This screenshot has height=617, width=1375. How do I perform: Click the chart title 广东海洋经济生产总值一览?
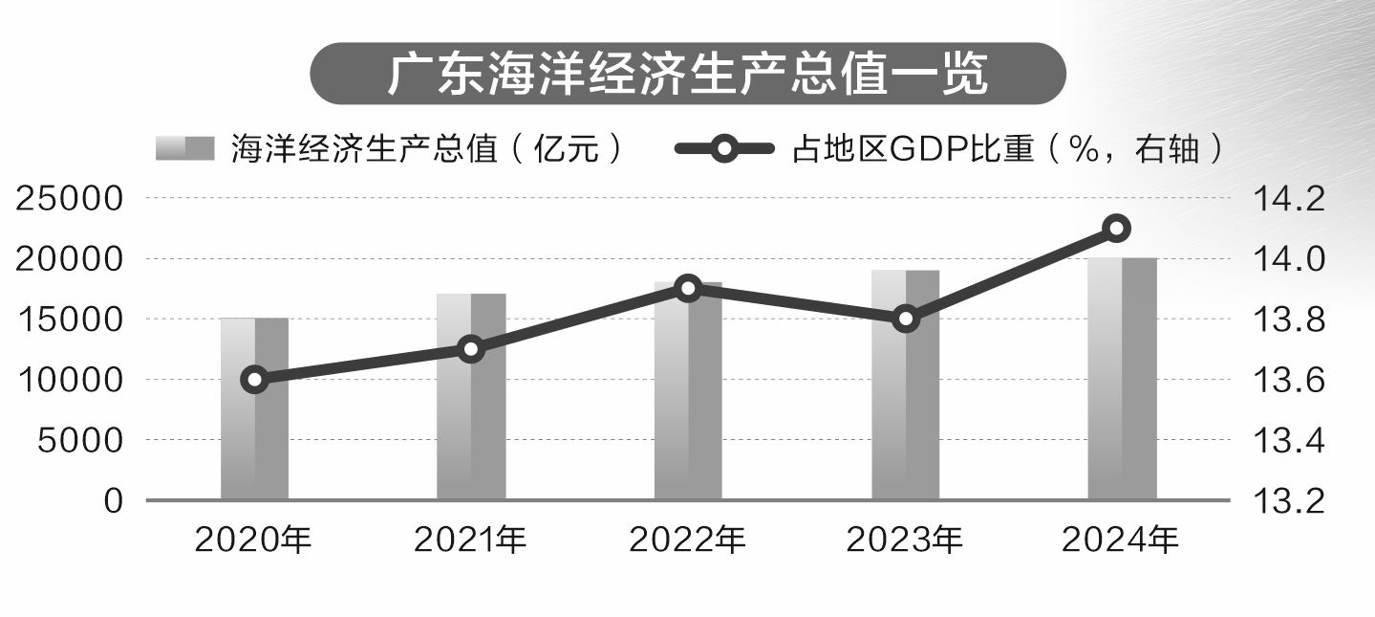click(687, 75)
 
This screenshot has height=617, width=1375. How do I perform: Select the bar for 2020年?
click(254, 430)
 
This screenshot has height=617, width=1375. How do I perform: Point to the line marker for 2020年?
click(254, 380)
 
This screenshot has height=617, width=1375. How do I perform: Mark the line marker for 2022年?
click(688, 288)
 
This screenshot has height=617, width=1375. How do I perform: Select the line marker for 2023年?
click(906, 319)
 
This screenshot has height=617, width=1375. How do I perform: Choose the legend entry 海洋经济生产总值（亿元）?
click(392, 149)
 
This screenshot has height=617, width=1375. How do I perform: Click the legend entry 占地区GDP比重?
click(946, 149)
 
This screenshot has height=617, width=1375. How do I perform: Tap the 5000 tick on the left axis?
click(80, 440)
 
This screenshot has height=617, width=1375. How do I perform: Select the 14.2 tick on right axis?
click(1287, 199)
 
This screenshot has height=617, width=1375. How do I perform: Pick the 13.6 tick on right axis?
click(1287, 380)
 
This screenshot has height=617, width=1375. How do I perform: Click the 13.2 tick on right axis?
click(1287, 500)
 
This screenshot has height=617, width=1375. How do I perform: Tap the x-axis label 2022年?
click(687, 540)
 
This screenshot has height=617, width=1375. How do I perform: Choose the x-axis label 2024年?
click(1121, 540)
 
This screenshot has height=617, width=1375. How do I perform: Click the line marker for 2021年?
click(470, 349)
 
